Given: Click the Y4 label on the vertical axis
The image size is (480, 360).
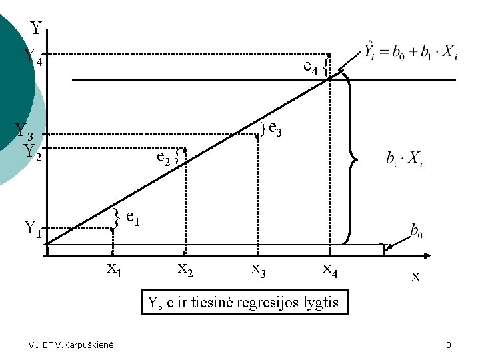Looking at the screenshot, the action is pyautogui.click(x=33, y=57).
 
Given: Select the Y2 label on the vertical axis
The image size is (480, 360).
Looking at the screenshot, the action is pyautogui.click(x=33, y=152).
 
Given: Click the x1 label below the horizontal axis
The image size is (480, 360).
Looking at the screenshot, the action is pyautogui.click(x=115, y=269).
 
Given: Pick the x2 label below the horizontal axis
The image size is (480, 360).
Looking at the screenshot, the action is pyautogui.click(x=185, y=269).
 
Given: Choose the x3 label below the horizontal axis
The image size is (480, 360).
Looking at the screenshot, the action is pyautogui.click(x=258, y=269).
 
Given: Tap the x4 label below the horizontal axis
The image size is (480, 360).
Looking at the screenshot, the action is pyautogui.click(x=330, y=269).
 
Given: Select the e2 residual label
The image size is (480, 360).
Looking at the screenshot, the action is pyautogui.click(x=163, y=157).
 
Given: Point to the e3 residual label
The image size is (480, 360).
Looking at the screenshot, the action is pyautogui.click(x=275, y=129).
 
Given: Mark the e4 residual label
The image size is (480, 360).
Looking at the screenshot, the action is pyautogui.click(x=310, y=66).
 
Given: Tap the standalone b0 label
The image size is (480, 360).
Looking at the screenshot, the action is pyautogui.click(x=415, y=232).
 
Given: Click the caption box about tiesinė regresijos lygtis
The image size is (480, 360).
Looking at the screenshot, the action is pyautogui.click(x=243, y=303).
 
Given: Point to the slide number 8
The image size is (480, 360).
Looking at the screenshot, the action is pyautogui.click(x=449, y=345).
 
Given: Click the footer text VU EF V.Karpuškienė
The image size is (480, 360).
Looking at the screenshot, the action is pyautogui.click(x=71, y=345).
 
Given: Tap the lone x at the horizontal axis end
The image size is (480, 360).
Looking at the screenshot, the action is pyautogui.click(x=415, y=276).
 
